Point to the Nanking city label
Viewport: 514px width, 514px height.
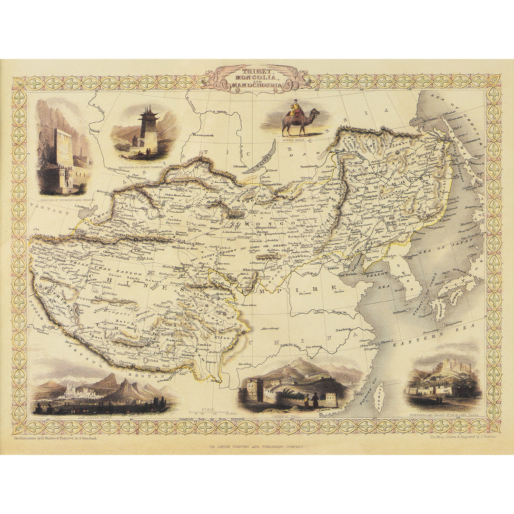342,329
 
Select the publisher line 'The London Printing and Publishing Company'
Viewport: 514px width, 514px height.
257,447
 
